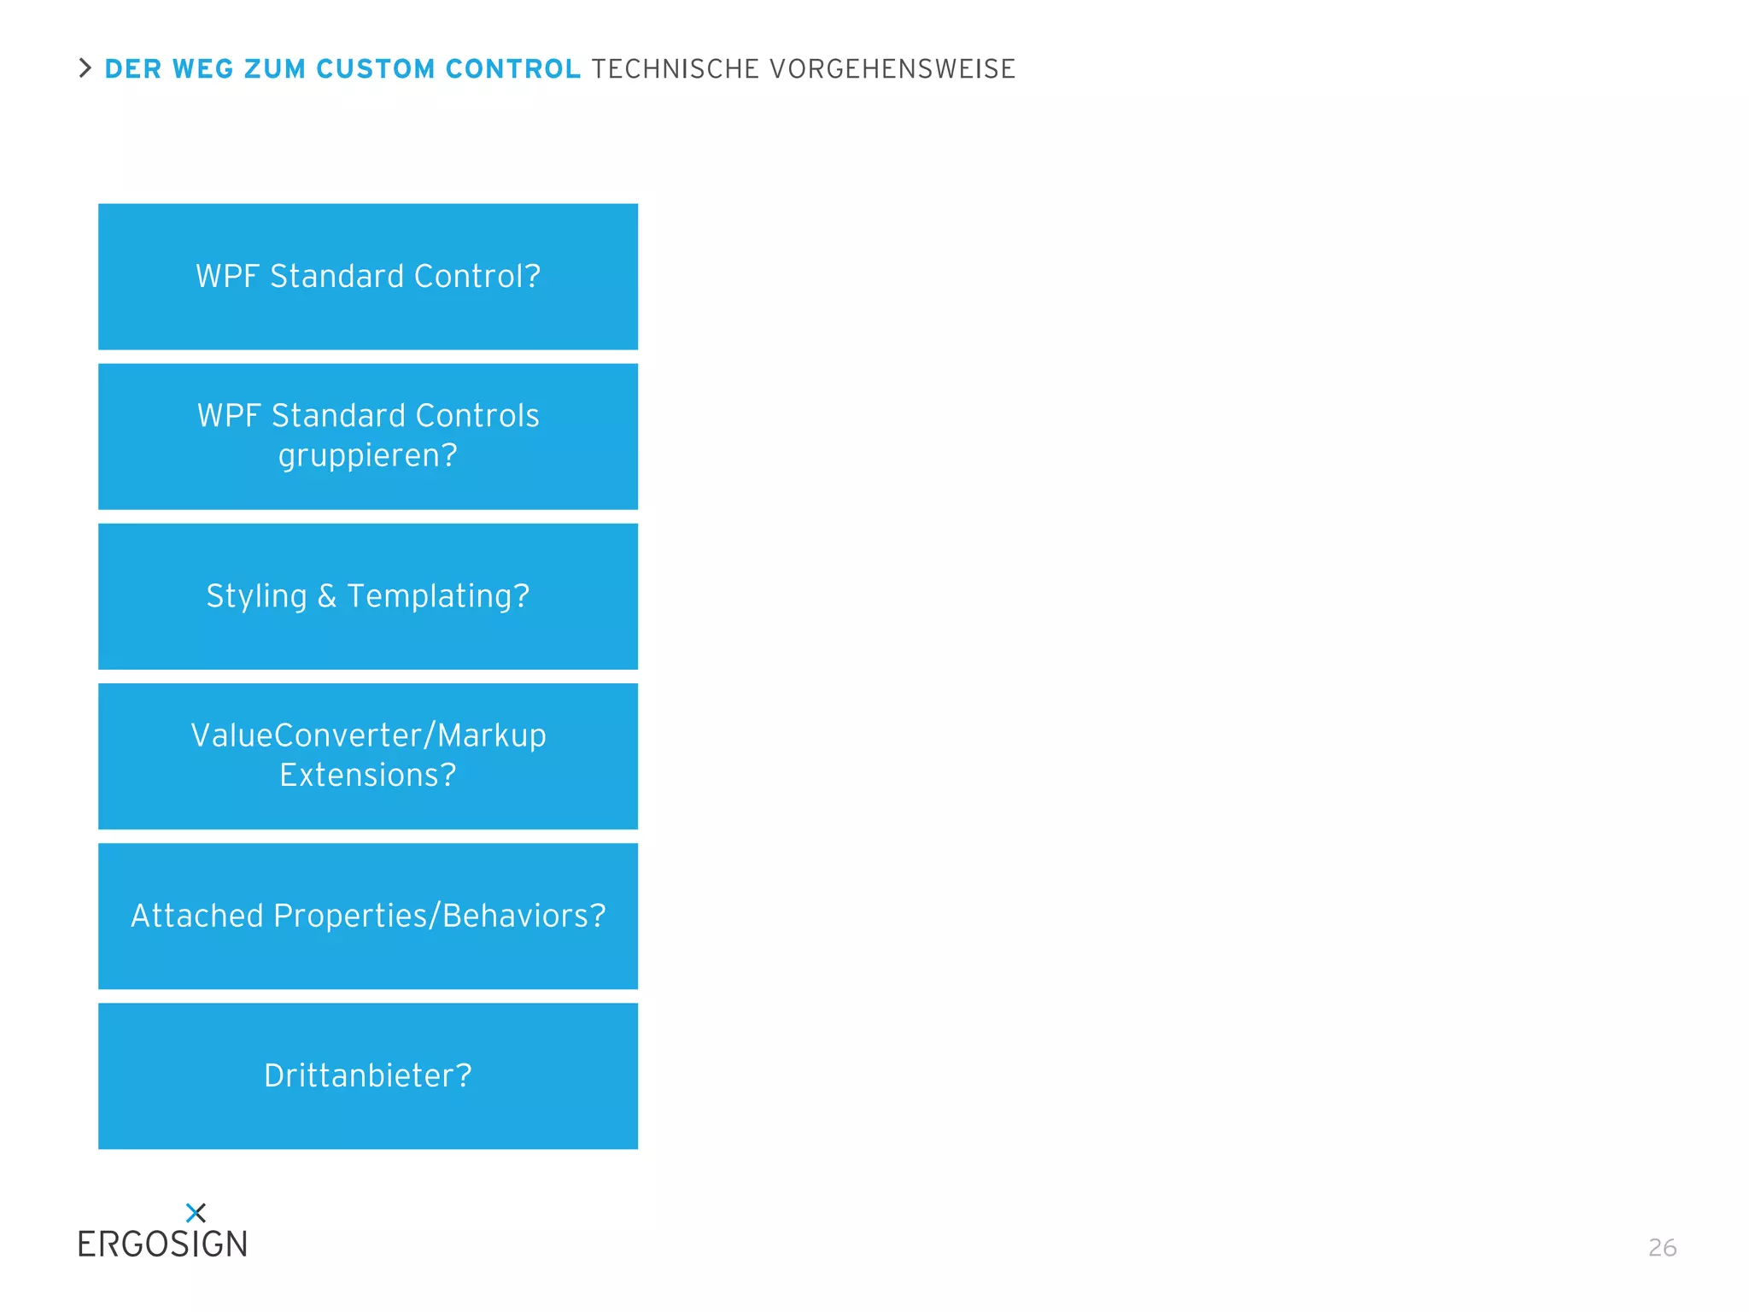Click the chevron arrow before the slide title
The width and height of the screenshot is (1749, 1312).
click(85, 68)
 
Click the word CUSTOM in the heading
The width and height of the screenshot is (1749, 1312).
click(375, 69)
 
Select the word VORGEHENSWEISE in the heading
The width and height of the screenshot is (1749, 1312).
click(892, 69)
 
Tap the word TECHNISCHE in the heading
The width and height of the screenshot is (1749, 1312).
click(675, 69)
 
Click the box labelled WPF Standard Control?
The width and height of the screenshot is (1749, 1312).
click(368, 277)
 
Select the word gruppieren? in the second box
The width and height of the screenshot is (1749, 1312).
click(368, 455)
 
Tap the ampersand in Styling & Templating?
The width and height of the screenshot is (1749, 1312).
click(327, 596)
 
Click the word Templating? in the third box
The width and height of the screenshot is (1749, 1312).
click(438, 596)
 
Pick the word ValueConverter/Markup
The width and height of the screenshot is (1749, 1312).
click(368, 735)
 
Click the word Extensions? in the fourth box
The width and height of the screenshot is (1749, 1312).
click(368, 776)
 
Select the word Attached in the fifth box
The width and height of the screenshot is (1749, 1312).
click(196, 916)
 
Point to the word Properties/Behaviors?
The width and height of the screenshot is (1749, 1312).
click(440, 916)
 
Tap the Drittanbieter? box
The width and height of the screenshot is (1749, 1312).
click(368, 1075)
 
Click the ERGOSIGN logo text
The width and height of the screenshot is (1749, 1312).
click(162, 1245)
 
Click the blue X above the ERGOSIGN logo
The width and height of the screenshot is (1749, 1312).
click(196, 1212)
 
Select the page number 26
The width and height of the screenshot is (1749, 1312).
click(1662, 1248)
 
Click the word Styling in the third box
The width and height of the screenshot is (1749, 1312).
click(256, 596)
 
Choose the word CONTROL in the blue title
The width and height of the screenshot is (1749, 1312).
click(512, 69)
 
